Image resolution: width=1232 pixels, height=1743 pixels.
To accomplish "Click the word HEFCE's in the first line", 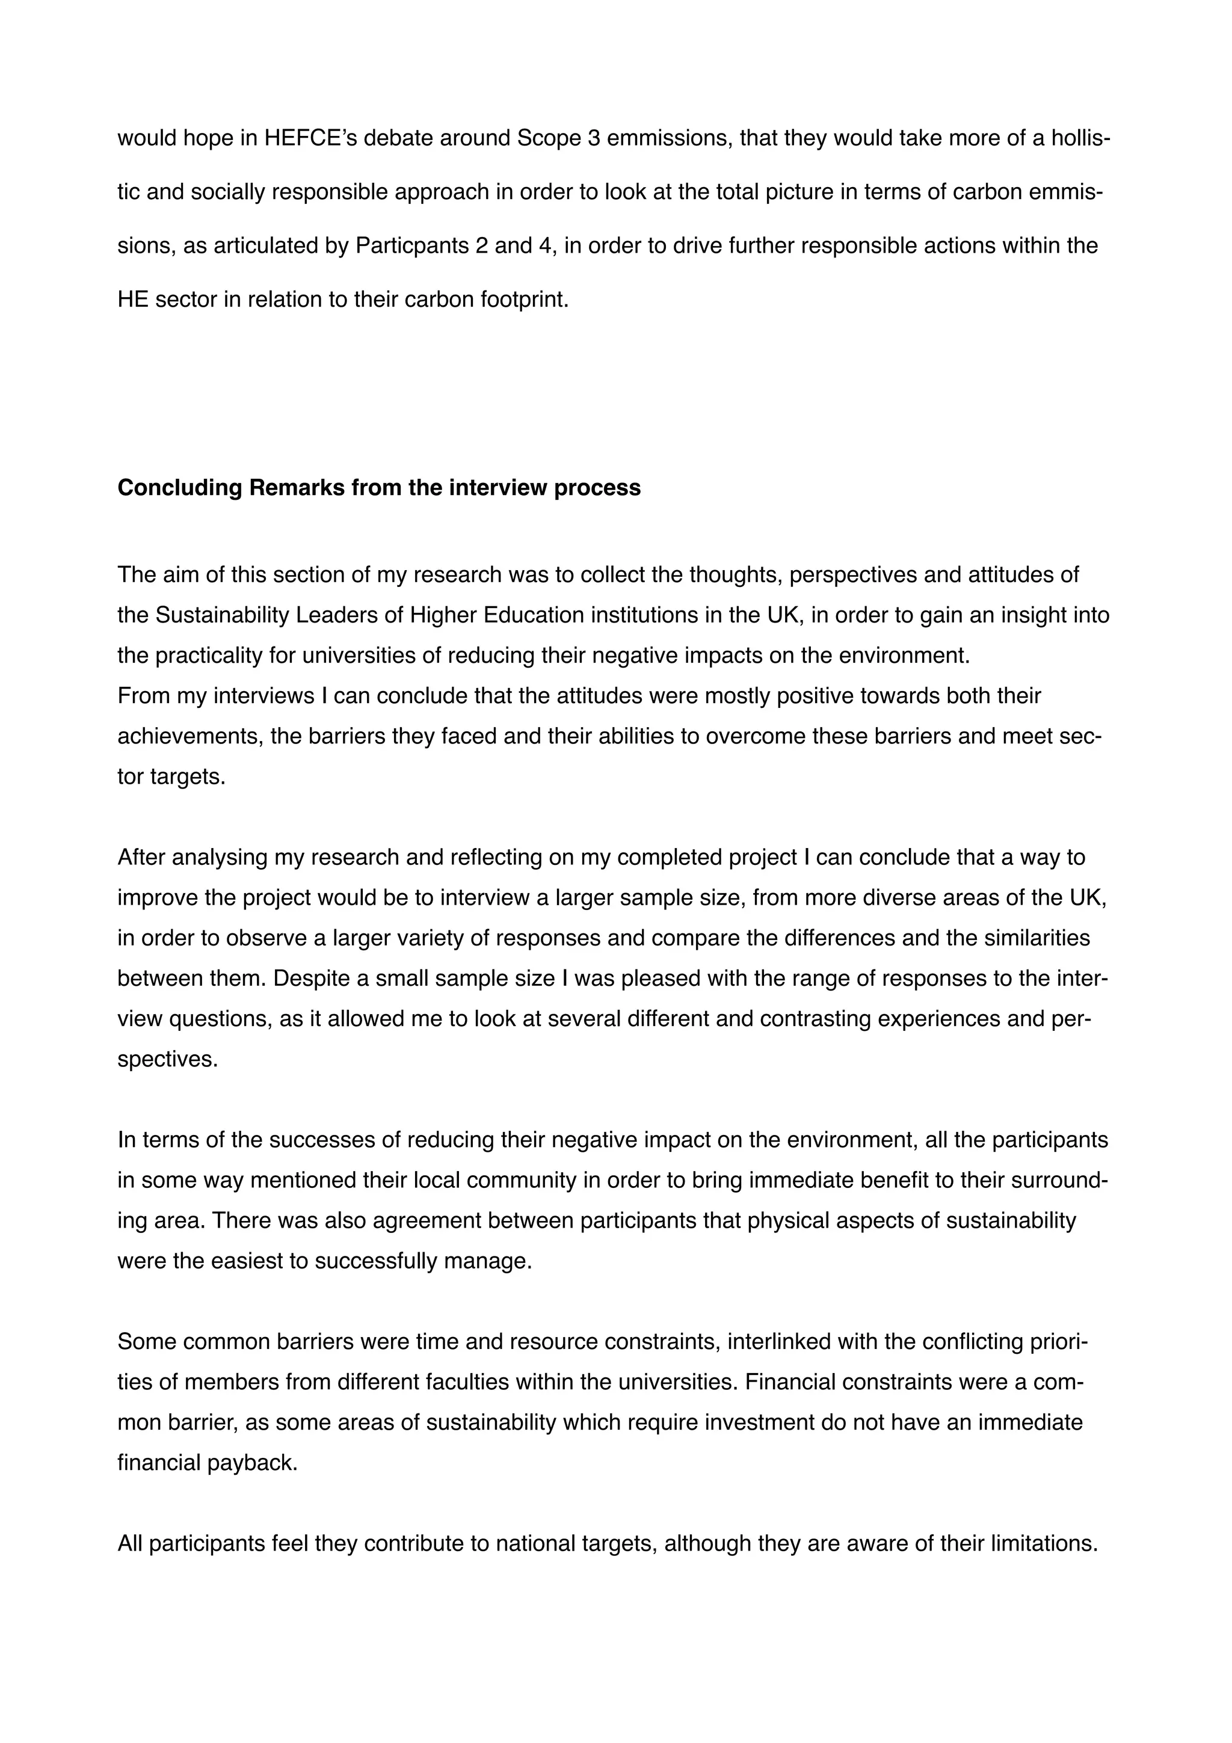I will pyautogui.click(x=321, y=138).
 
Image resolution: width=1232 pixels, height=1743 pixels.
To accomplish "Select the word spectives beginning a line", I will pyautogui.click(x=167, y=1059).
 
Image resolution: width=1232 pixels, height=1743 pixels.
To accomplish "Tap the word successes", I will pyautogui.click(x=314, y=1140).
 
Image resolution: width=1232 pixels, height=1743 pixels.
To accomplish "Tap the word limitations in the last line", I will pyautogui.click(x=1044, y=1544).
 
